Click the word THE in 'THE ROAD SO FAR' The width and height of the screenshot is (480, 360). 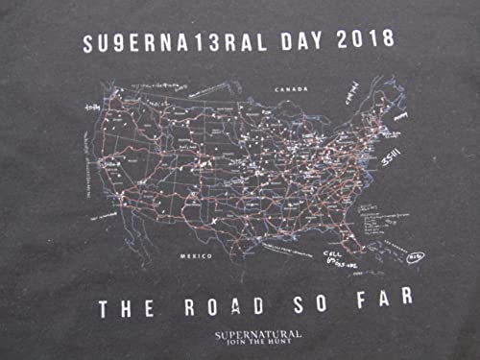(x=125, y=308)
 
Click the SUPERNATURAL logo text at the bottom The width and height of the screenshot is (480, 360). (x=257, y=331)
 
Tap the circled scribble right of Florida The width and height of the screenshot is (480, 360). (x=415, y=256)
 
